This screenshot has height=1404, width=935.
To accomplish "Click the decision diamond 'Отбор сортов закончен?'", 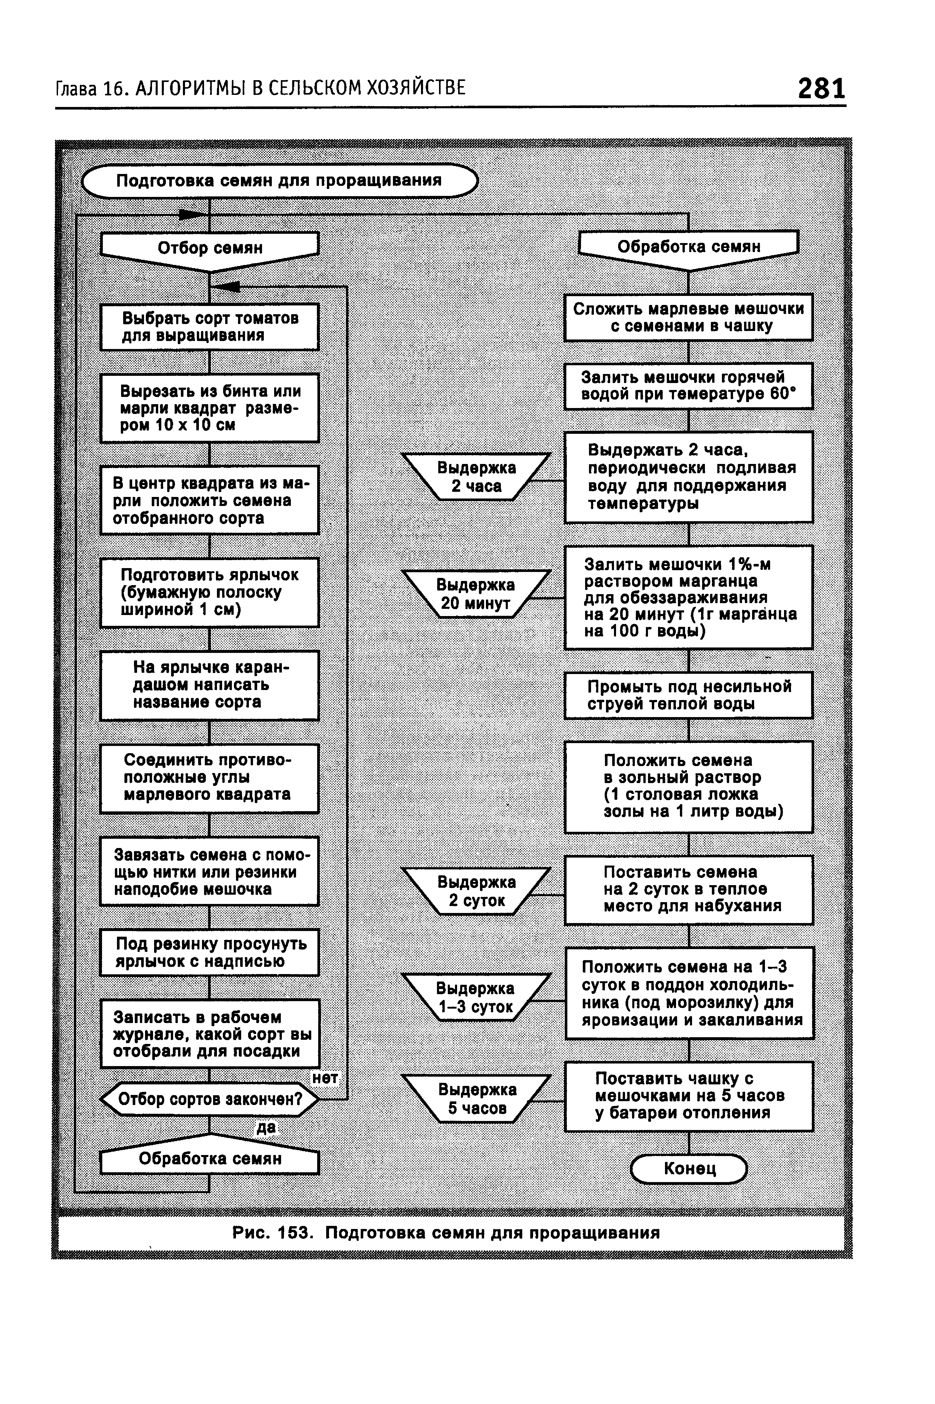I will (210, 1099).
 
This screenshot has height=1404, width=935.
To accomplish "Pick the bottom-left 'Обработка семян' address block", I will (210, 1159).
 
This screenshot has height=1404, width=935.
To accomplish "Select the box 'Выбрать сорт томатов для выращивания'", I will (210, 327).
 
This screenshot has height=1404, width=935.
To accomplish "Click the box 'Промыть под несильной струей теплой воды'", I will (689, 695).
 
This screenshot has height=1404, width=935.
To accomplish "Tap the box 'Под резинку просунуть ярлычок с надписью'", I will (210, 952).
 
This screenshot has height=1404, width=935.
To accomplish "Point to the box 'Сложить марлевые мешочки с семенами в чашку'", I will (689, 317).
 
